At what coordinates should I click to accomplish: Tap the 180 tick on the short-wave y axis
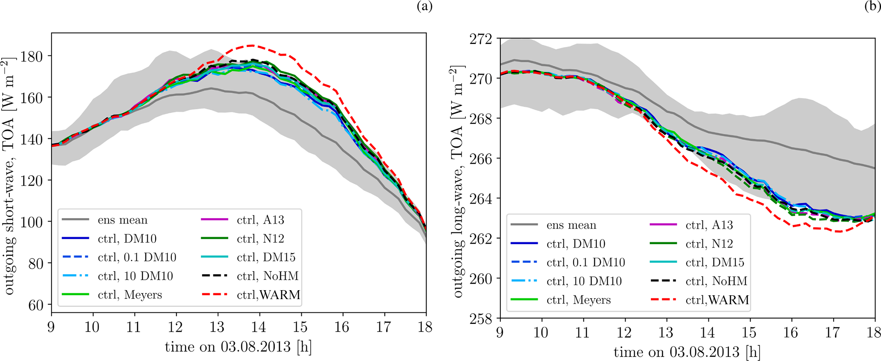point(34,56)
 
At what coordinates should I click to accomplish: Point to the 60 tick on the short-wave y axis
point(36,305)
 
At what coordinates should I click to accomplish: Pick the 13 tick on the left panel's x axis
point(218,327)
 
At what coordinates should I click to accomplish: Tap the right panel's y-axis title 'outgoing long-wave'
point(458,181)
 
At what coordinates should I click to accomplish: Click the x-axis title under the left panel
point(238,347)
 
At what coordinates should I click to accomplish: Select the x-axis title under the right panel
point(687,352)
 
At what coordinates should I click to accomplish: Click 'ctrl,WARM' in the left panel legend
point(268,295)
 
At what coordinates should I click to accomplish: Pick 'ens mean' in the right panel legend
point(571,225)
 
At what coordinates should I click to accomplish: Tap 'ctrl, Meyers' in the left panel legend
point(130,295)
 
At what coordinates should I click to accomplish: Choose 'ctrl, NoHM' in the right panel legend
point(716,281)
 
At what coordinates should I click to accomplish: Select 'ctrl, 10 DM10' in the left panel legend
point(135,276)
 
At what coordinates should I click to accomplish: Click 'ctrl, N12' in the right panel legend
point(709,244)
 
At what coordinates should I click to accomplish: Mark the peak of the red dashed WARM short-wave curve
point(251,45)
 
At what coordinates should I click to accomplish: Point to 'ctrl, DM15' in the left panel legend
point(266,257)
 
